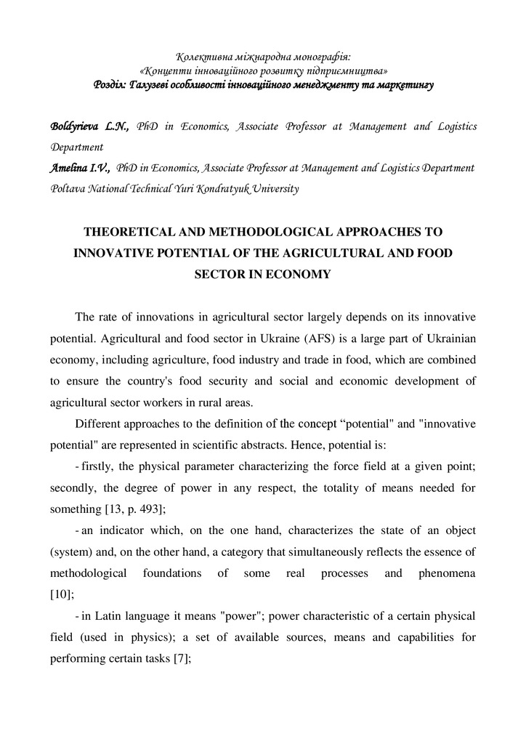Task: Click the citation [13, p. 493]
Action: click(127, 509)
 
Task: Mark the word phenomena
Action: click(447, 573)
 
